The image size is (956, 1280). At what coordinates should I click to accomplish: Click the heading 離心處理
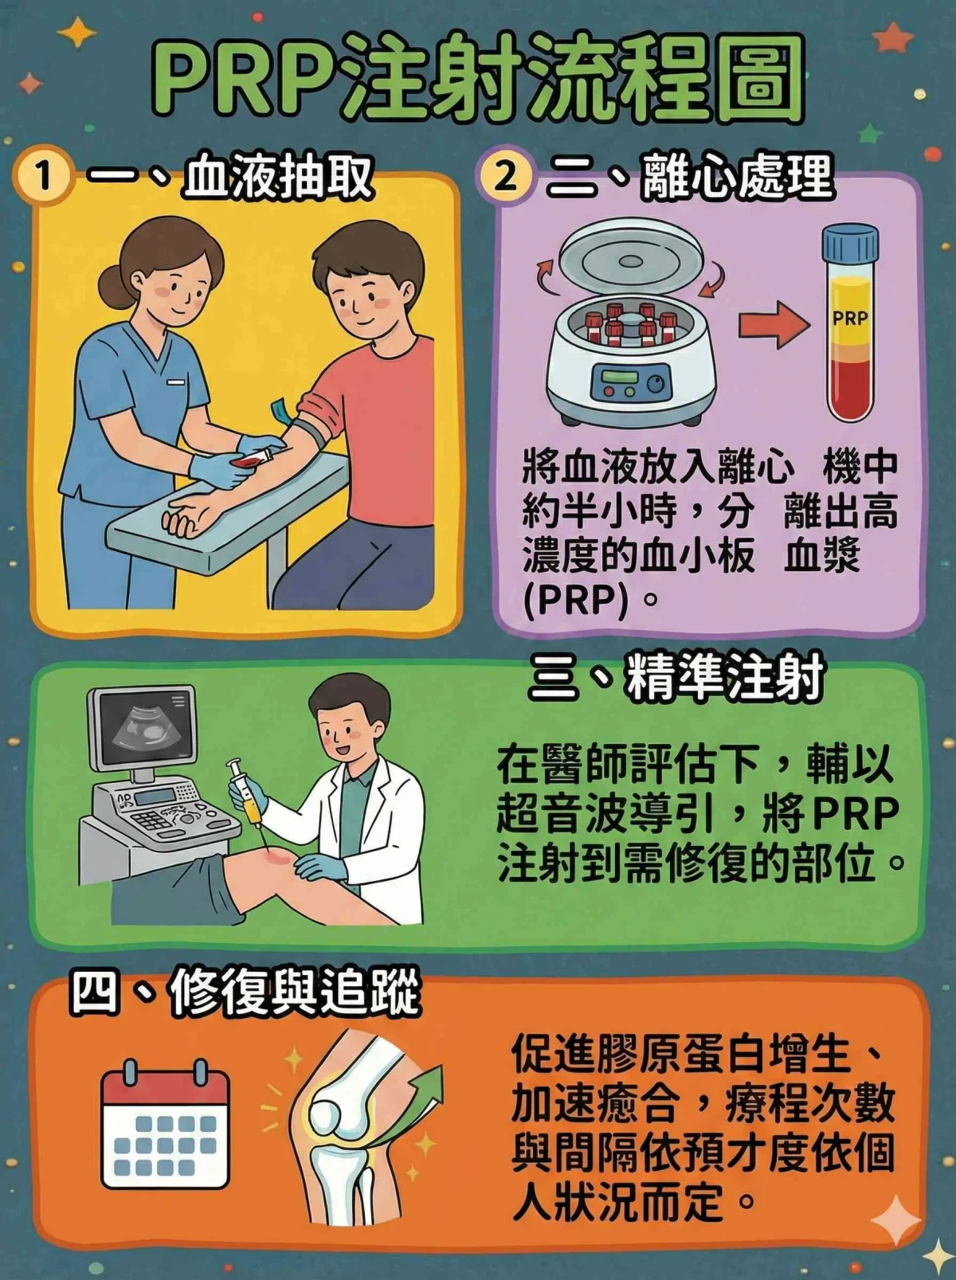[736, 176]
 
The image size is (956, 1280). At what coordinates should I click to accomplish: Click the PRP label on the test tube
[850, 318]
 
